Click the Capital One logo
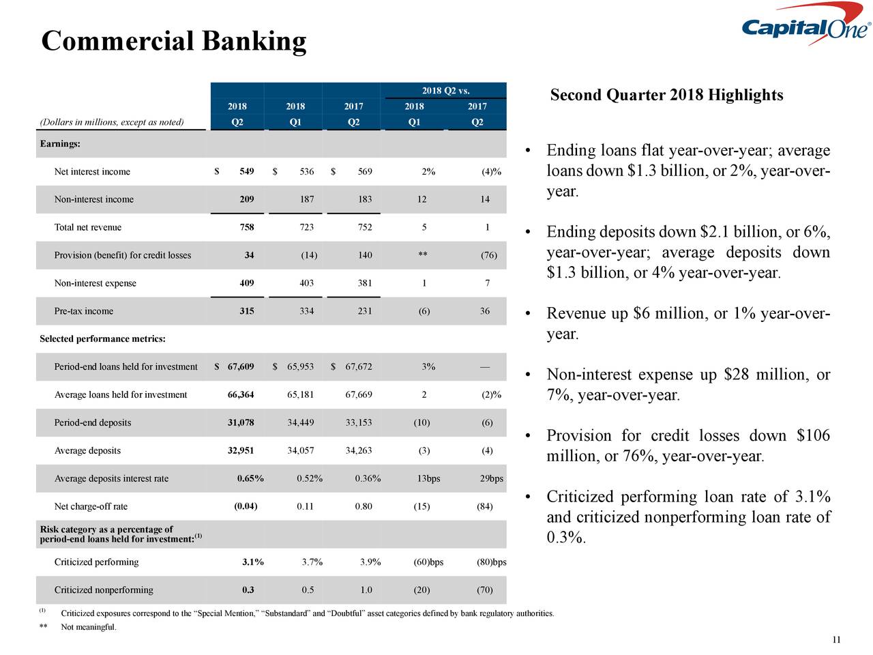point(805,29)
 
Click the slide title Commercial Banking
point(174,41)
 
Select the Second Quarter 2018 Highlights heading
point(666,95)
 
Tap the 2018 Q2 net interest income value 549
point(246,171)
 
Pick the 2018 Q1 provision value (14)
point(308,255)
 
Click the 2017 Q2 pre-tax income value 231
point(365,311)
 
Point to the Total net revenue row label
point(88,227)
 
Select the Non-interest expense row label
point(95,283)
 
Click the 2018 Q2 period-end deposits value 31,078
point(240,422)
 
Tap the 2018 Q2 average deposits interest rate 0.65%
point(250,478)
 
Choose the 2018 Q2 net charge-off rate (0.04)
point(245,506)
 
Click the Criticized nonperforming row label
point(104,590)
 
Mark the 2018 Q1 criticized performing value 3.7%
point(312,562)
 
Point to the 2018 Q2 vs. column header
point(445,91)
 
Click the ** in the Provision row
point(423,255)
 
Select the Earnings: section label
point(60,144)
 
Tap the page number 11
point(836,639)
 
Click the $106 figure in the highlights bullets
point(812,436)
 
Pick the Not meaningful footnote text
point(89,628)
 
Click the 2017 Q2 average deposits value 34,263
point(359,450)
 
